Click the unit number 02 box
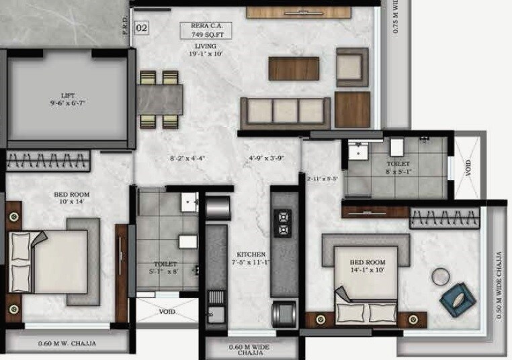pos(142,28)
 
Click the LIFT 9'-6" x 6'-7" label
pos(69,100)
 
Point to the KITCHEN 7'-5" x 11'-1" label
pos(251,259)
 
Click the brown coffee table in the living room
pos(294,68)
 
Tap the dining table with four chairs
pos(161,99)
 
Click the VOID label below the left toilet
pos(167,312)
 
